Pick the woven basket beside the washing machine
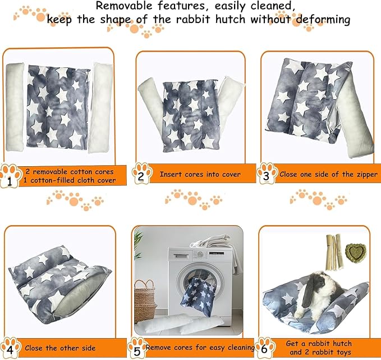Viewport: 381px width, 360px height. [145, 300]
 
